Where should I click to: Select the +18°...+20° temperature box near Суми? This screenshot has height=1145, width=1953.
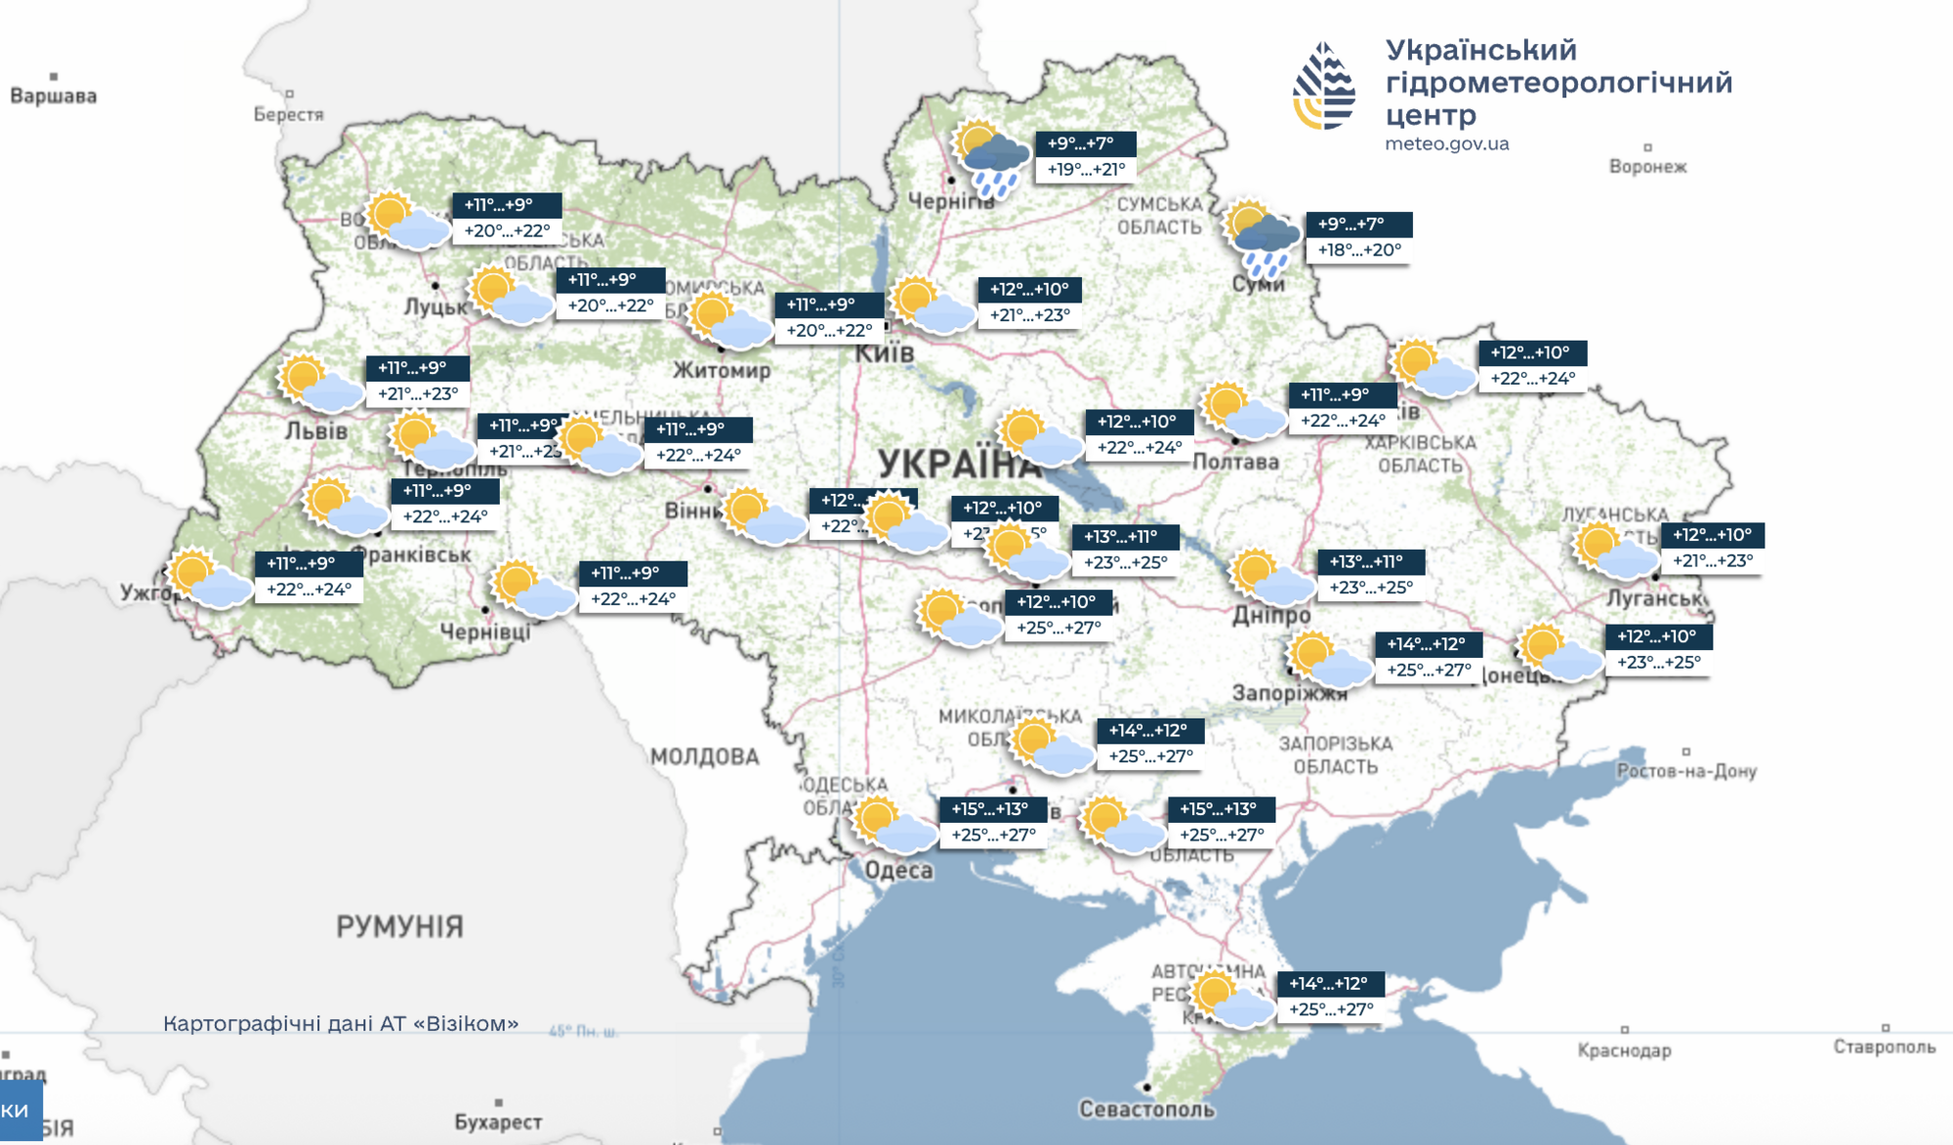[x=1359, y=250]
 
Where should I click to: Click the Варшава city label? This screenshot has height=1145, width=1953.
[x=54, y=96]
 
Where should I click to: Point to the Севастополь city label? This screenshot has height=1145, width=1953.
[x=1146, y=1109]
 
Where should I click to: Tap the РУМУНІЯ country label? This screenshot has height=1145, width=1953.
[x=399, y=925]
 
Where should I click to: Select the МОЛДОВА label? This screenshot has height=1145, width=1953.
[x=704, y=757]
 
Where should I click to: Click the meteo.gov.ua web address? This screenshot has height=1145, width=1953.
[x=1446, y=143]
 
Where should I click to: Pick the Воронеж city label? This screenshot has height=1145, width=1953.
[x=1647, y=166]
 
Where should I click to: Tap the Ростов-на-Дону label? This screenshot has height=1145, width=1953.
[x=1686, y=771]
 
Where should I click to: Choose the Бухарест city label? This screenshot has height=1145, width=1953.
[x=498, y=1122]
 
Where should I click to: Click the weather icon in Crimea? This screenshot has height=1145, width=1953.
[x=1232, y=999]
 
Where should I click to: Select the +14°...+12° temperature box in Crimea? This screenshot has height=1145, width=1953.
[x=1328, y=984]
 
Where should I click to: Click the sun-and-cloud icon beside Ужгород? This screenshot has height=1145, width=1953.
[x=208, y=578]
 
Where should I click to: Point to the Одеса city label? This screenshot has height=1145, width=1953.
[x=898, y=870]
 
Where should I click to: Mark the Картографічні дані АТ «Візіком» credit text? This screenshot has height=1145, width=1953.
[x=341, y=1023]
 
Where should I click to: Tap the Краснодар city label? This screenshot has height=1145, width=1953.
[x=1624, y=1050]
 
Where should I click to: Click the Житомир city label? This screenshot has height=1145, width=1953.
[x=722, y=370]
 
